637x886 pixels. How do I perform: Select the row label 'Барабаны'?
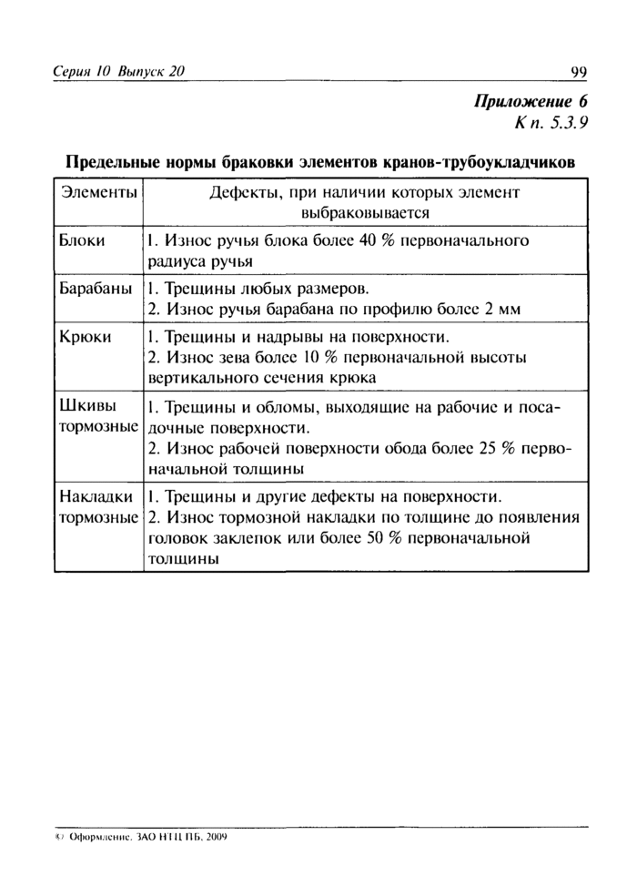click(96, 290)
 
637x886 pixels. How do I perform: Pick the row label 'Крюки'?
click(86, 337)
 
